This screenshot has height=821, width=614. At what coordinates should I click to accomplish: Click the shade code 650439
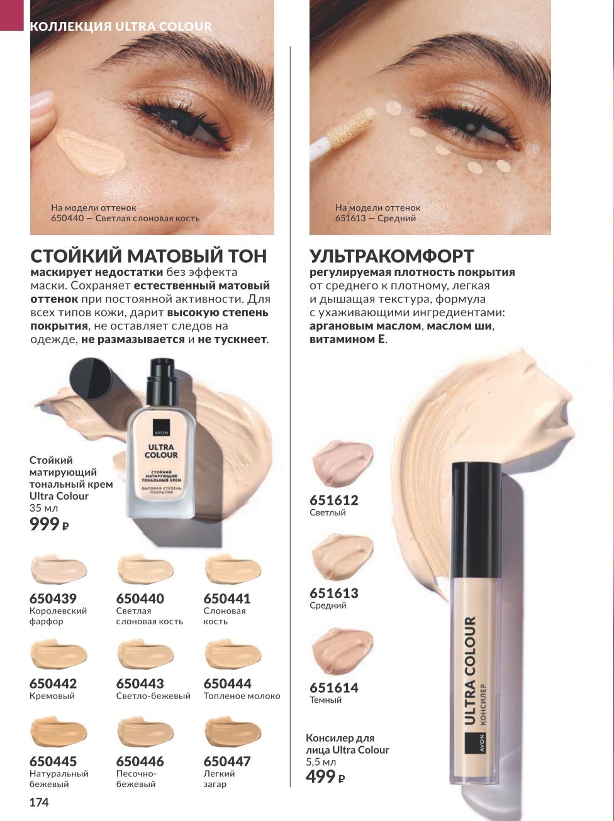(53, 598)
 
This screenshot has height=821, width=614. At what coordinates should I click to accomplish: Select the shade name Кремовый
(52, 696)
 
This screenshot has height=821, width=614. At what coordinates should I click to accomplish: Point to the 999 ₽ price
(49, 524)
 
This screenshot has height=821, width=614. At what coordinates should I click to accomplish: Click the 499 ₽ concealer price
(325, 777)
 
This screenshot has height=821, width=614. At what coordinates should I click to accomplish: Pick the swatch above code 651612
(343, 463)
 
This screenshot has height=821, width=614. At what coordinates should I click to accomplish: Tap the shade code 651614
(334, 688)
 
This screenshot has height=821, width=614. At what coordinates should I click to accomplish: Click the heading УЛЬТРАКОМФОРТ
(392, 256)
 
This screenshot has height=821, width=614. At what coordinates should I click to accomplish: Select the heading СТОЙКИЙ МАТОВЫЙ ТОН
(148, 256)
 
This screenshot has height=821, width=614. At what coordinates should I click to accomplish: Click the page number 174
(39, 802)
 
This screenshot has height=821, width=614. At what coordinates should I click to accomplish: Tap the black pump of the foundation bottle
(162, 382)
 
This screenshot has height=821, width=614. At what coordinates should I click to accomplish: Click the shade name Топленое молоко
(242, 696)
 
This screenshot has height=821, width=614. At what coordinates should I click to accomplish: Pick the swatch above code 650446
(145, 732)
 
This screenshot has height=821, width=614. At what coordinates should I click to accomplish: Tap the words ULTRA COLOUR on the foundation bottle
(161, 451)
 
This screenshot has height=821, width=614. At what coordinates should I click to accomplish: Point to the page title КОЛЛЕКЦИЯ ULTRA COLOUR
(121, 26)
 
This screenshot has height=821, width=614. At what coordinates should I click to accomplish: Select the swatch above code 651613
(343, 556)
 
